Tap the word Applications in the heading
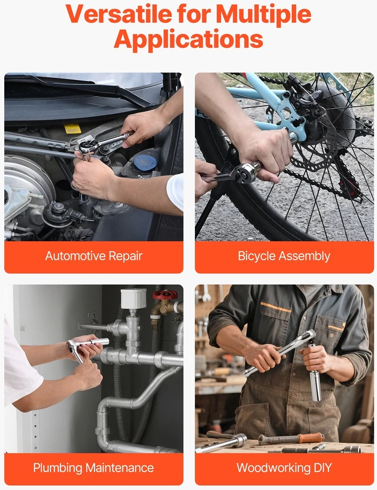click(x=189, y=39)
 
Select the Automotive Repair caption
click(x=94, y=256)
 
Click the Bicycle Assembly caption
click(x=284, y=256)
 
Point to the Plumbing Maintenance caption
click(x=93, y=468)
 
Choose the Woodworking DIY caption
click(x=284, y=468)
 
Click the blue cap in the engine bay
click(x=145, y=162)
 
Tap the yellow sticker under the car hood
click(x=72, y=129)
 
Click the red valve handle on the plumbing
click(x=165, y=295)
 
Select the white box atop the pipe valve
click(x=133, y=298)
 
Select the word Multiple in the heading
click(x=263, y=14)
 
